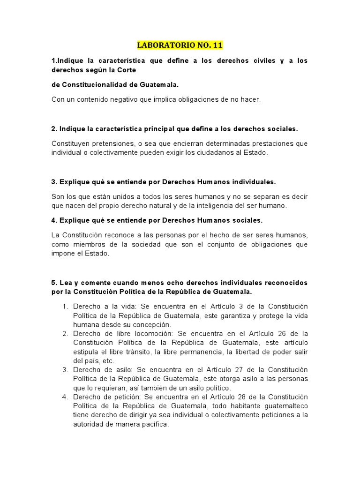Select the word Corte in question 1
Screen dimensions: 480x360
pyautogui.click(x=126, y=70)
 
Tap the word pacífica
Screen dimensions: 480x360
pyautogui.click(x=150, y=425)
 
